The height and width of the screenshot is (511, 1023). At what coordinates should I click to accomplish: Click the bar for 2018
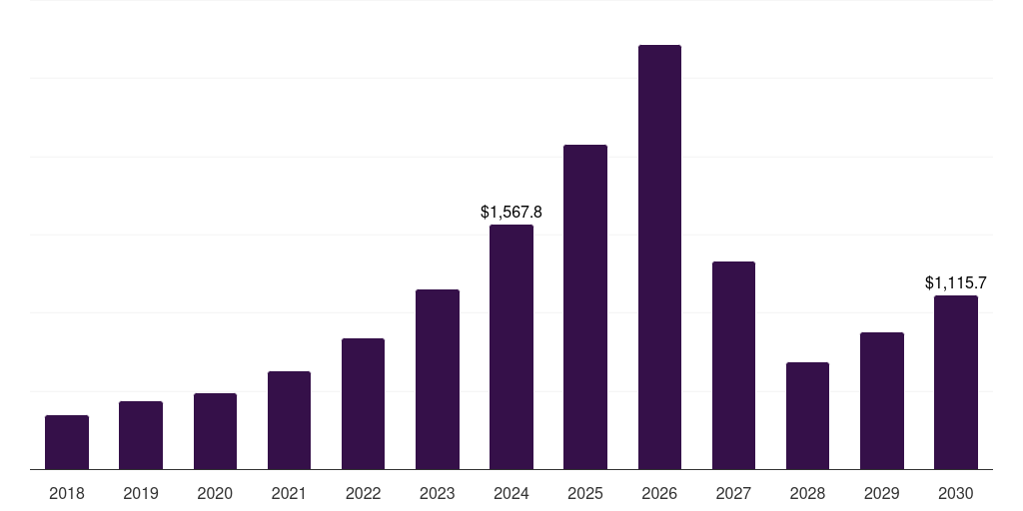(67, 442)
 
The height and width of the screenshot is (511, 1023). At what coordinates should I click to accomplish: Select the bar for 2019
(141, 435)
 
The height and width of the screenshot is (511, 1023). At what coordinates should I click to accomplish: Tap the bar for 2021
(289, 420)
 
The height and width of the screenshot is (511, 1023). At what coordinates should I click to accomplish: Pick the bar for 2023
(438, 379)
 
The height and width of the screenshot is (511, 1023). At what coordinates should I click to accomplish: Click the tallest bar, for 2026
(659, 257)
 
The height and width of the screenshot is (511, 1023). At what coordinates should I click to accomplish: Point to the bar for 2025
(585, 307)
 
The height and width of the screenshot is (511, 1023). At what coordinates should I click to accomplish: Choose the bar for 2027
(733, 365)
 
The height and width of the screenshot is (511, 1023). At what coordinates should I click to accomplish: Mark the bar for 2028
(807, 415)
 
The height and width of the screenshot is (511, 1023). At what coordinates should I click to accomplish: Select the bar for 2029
(882, 400)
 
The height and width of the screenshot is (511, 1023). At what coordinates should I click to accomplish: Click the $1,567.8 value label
(511, 212)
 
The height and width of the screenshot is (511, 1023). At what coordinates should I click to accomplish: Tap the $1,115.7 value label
(956, 282)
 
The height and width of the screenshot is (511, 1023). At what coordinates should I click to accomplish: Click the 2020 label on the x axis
(215, 493)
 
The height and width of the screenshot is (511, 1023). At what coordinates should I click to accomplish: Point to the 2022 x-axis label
(363, 493)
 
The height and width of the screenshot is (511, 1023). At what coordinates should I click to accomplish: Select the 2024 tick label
(511, 493)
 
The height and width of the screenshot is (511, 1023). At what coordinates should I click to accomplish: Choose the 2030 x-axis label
(956, 493)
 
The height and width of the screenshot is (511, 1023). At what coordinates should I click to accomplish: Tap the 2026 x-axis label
(659, 493)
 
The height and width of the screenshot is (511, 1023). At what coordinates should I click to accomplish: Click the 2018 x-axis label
(67, 493)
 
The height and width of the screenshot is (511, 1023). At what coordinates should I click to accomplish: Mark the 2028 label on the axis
(807, 493)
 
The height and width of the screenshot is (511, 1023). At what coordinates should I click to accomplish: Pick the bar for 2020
(215, 431)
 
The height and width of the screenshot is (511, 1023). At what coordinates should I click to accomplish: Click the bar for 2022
(363, 403)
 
